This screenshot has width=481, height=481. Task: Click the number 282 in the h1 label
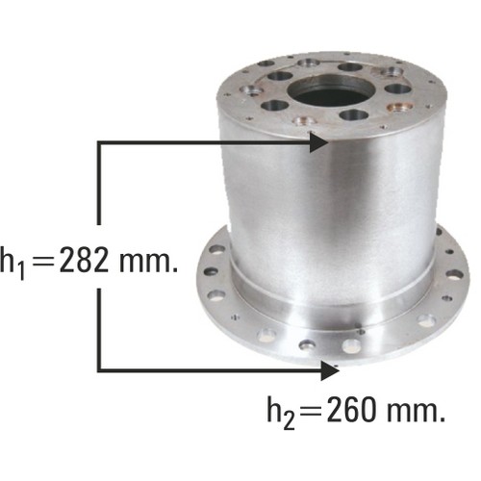pyautogui.click(x=84, y=260)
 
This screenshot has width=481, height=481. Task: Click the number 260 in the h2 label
pyautogui.click(x=351, y=410)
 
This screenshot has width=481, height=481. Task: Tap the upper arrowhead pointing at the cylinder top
pyautogui.click(x=318, y=142)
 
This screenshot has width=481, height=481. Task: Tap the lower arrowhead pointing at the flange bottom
pyautogui.click(x=330, y=370)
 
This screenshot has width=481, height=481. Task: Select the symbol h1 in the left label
pyautogui.click(x=13, y=262)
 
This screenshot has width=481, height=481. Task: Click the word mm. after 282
pyautogui.click(x=148, y=262)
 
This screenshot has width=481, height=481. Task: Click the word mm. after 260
pyautogui.click(x=416, y=411)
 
